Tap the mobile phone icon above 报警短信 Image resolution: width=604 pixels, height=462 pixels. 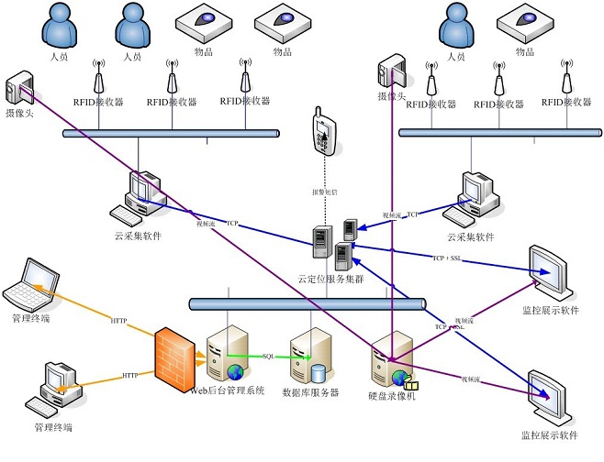point(319,130)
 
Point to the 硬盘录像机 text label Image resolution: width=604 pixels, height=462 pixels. point(392,396)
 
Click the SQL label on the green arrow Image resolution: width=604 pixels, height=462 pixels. point(269,356)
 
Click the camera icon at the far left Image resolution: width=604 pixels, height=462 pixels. point(18,89)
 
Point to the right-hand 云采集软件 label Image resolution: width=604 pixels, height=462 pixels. point(470,236)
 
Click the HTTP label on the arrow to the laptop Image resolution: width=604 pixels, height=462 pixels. point(119,321)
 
